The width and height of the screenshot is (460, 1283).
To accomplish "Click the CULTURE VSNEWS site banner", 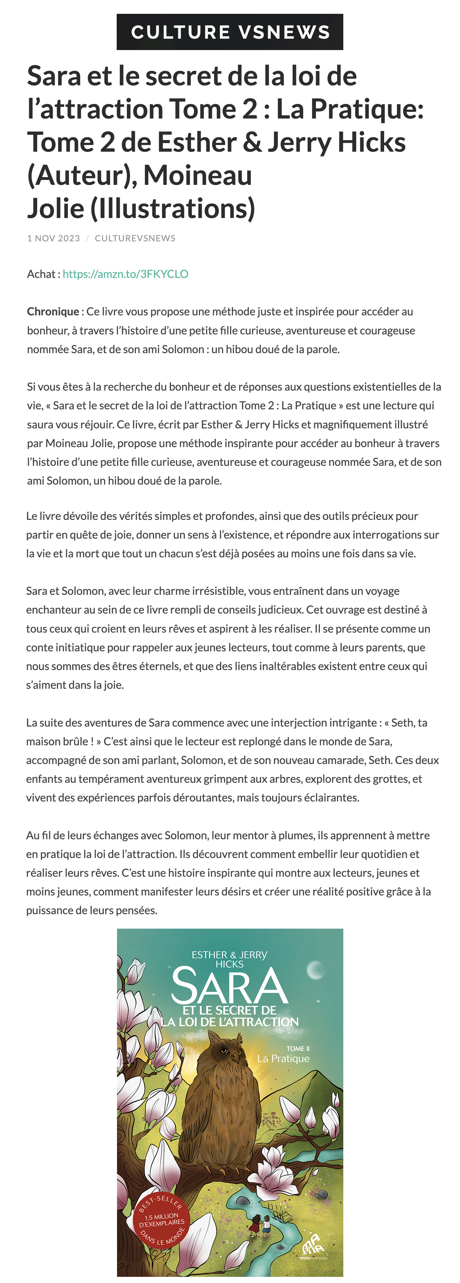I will tap(230, 32).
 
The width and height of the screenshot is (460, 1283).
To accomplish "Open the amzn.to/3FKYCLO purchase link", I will tap(126, 274).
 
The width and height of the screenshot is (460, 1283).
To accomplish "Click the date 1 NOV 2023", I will tap(53, 238).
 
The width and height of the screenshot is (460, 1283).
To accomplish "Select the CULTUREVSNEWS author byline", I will tap(135, 238).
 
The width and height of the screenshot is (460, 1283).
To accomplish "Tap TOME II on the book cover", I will tap(298, 1048).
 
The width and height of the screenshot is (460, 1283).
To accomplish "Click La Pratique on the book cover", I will tap(283, 1059).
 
